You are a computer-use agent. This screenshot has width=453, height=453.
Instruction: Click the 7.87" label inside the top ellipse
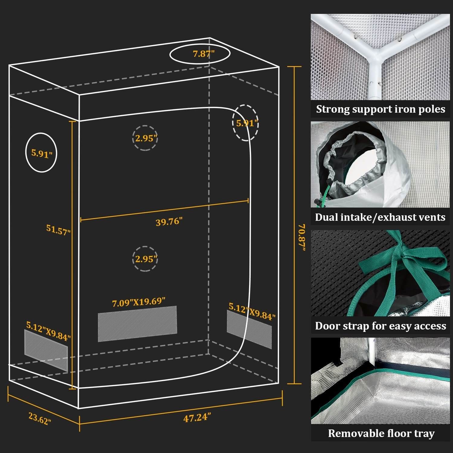tap(204, 54)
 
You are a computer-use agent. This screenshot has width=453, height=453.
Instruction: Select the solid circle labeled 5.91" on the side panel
tap(41, 153)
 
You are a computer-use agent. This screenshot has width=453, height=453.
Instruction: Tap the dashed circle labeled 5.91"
tap(246, 122)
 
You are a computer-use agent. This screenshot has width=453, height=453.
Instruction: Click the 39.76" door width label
tap(169, 222)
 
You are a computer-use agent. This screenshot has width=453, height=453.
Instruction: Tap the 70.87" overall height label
tap(301, 237)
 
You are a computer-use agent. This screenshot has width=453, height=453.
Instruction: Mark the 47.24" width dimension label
tap(197, 418)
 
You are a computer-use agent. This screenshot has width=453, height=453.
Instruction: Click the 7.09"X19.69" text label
tap(139, 302)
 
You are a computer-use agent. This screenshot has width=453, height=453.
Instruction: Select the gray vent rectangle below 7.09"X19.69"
tap(137, 324)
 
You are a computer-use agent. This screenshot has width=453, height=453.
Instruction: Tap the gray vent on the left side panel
tap(46, 350)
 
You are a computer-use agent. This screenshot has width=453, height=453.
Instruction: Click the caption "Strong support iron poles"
tap(381, 109)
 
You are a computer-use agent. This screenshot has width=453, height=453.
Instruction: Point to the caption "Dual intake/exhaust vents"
tap(380, 217)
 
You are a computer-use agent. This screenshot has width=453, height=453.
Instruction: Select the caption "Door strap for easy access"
tap(381, 326)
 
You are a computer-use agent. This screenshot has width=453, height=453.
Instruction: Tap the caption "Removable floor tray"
tap(381, 433)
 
